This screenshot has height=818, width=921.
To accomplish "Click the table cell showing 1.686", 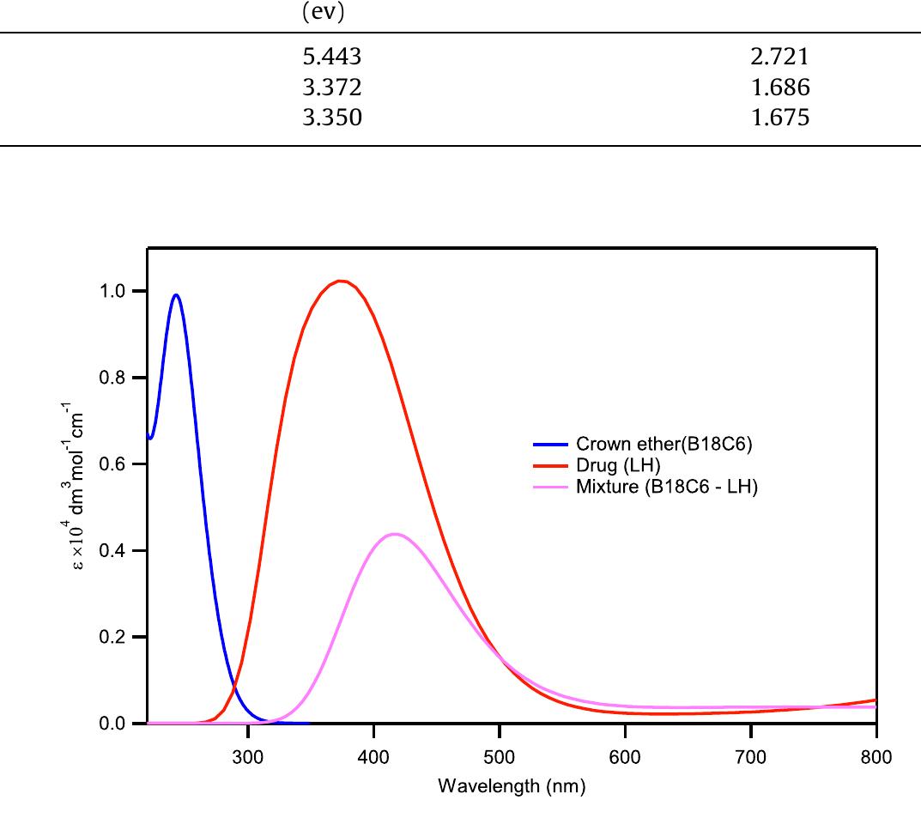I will tap(779, 88).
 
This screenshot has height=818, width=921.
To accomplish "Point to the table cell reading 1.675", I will tap(779, 118).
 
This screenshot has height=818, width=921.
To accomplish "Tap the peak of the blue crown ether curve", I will tap(176, 295).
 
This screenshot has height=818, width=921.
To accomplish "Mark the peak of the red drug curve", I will tap(341, 281).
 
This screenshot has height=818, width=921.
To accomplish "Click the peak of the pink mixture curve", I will tap(394, 534).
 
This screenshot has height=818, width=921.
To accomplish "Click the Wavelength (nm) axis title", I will tap(512, 786).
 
